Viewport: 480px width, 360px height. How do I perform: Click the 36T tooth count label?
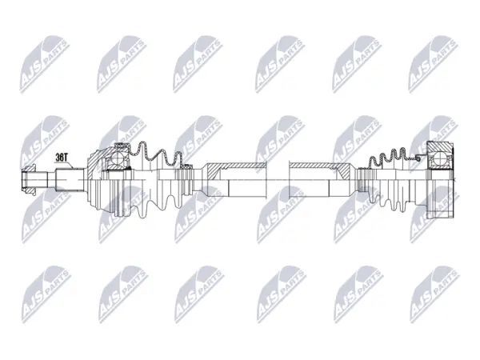pyautogui.click(x=61, y=158)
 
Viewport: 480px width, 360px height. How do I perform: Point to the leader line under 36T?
pyautogui.click(x=69, y=165)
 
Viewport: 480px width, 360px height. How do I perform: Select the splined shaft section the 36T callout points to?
pyautogui.click(x=70, y=180)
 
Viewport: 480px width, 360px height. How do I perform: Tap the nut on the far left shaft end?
pyautogui.click(x=29, y=180)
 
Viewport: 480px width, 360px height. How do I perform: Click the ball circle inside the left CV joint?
pyautogui.click(x=117, y=158)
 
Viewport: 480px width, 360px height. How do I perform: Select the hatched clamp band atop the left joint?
pyautogui.click(x=122, y=145)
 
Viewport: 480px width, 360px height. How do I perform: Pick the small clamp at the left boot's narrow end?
pyautogui.click(x=186, y=167)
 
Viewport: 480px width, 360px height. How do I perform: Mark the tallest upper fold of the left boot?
pyautogui.click(x=143, y=150)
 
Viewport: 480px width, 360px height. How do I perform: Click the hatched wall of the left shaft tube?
pyautogui.click(x=236, y=169)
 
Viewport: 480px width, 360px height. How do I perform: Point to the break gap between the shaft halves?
pyautogui.click(x=278, y=180)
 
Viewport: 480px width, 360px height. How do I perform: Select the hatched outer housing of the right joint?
pyautogui.click(x=439, y=146)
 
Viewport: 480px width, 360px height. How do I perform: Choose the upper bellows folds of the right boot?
pyautogui.click(x=388, y=155)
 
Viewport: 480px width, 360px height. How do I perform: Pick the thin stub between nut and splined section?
pyautogui.click(x=51, y=180)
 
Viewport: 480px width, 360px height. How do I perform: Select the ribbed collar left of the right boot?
pyautogui.click(x=362, y=180)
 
